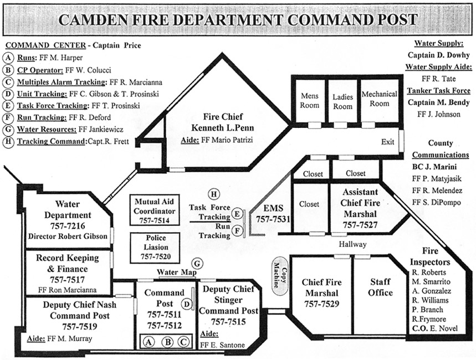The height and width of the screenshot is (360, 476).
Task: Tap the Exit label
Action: click(387, 142)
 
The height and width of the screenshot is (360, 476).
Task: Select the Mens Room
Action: click(309, 100)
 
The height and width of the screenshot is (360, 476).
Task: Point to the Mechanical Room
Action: click(380, 99)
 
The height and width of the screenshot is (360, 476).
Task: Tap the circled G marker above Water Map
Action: click(197, 264)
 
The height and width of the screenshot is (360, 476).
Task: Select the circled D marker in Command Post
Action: click(187, 304)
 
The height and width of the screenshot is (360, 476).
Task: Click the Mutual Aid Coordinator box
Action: click(155, 211)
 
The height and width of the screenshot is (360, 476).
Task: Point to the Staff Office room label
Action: click(381, 287)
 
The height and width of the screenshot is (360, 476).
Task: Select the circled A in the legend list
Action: click(9, 57)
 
